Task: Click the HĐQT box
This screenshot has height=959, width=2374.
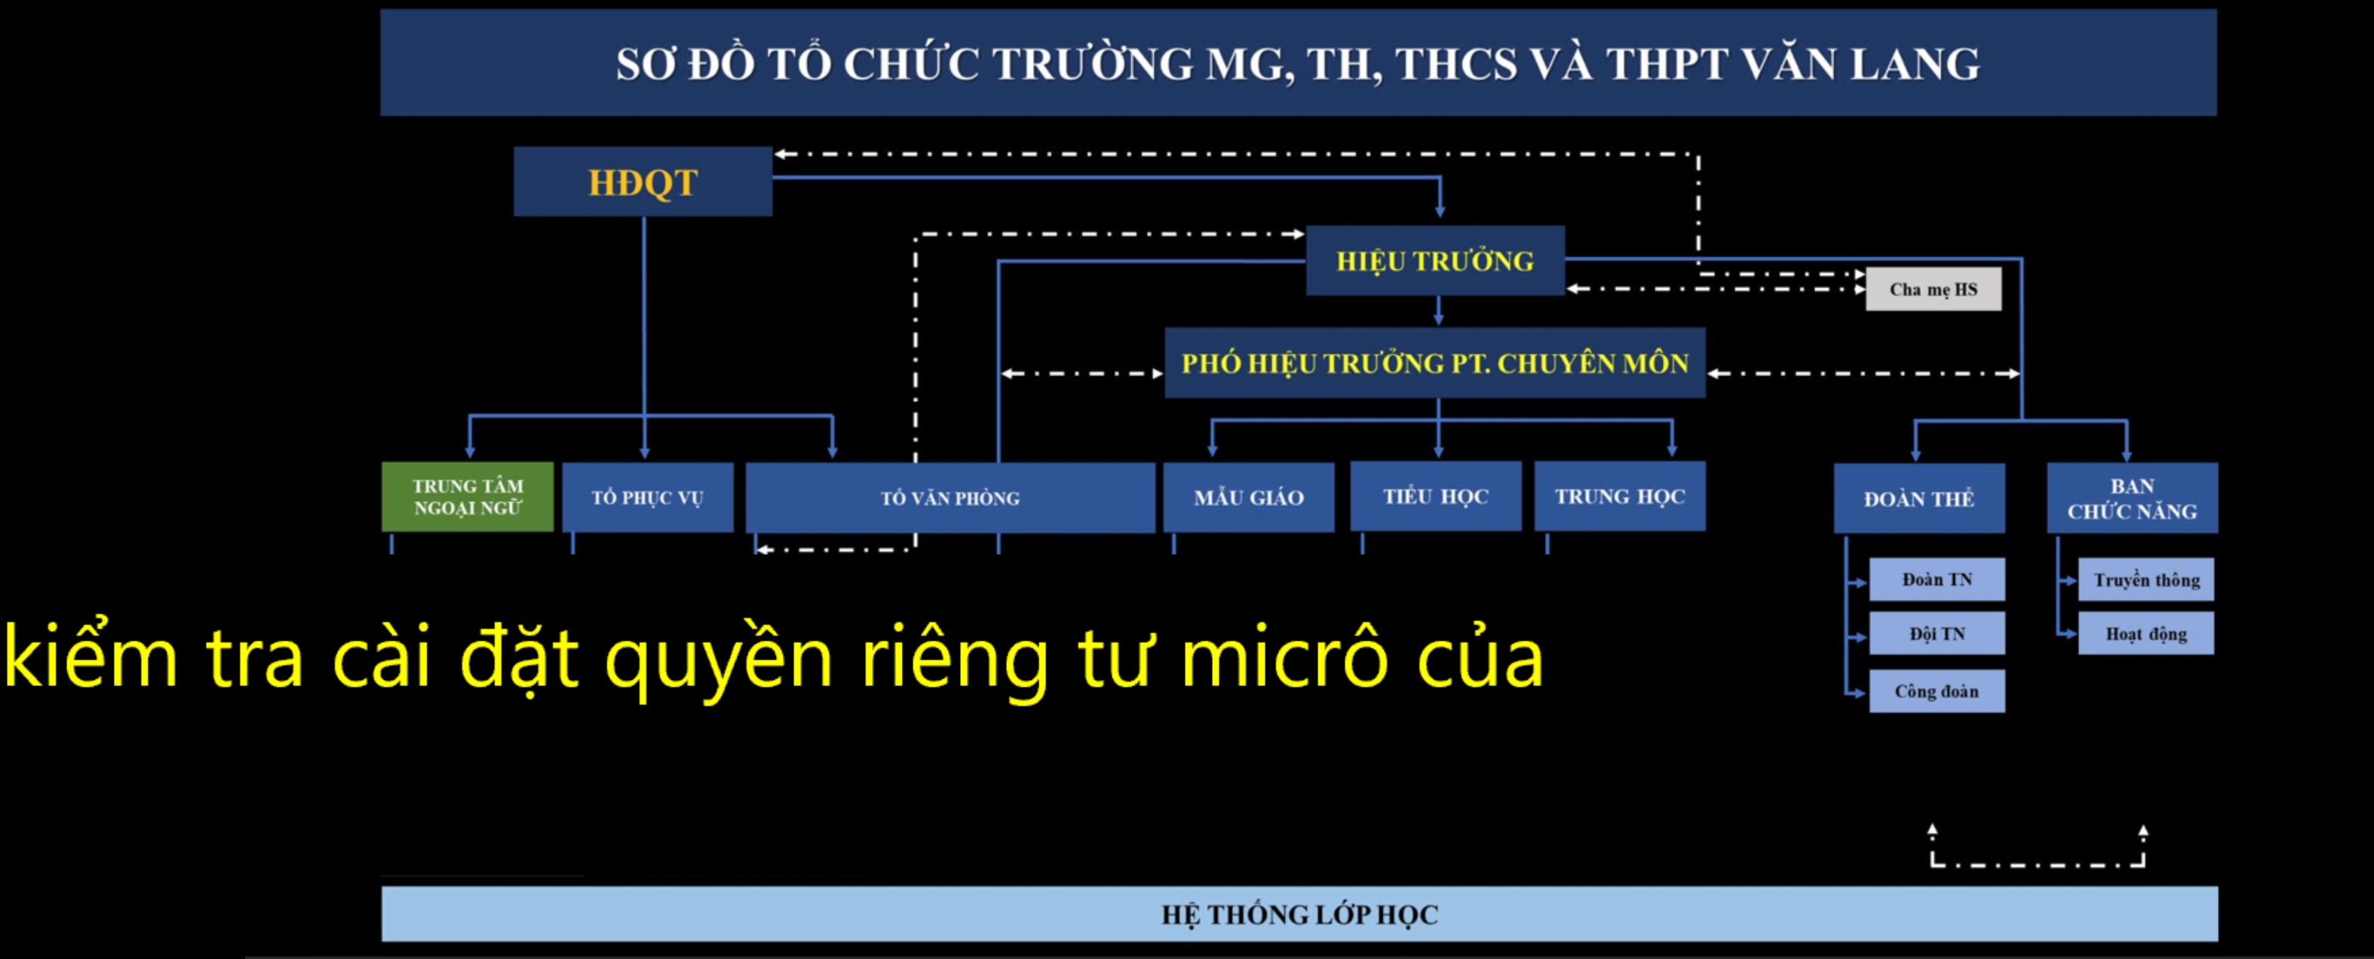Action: pos(643,182)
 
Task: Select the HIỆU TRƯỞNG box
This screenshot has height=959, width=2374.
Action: pos(1434,261)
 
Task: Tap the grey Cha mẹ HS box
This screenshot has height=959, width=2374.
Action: pos(1933,290)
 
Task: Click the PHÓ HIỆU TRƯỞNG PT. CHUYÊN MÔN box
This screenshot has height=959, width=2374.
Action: pos(1434,363)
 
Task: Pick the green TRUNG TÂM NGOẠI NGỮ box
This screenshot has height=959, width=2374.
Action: pos(468,498)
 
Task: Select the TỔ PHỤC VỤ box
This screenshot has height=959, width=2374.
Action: pos(647,498)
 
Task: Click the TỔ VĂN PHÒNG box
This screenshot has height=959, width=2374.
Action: pos(949,498)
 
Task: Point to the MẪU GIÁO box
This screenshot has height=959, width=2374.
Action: pos(1248,498)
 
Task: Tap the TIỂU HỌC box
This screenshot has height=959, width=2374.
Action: pos(1435,497)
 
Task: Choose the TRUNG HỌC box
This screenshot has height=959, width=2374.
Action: pos(1619,497)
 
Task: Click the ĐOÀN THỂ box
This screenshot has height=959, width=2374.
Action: pos(1918,498)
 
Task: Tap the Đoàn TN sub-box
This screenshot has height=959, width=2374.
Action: pos(1937,580)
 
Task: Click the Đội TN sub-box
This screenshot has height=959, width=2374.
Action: pos(1937,634)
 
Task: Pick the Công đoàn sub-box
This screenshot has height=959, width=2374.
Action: pos(1937,691)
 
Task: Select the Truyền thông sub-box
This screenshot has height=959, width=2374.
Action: pos(2145,580)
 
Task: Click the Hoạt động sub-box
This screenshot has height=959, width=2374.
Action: pos(2145,634)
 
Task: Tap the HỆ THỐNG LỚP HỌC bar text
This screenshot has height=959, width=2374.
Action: pos(1299,915)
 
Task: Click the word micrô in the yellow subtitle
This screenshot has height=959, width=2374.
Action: pos(1283,659)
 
